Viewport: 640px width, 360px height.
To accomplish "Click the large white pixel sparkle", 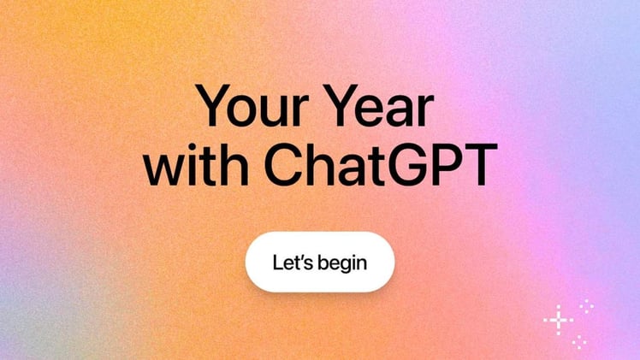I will coord(558,320).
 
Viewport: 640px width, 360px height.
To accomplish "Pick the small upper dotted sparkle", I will coord(586,305).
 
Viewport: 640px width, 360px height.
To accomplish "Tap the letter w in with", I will coord(163,168).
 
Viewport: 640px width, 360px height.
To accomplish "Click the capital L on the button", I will coord(277,262).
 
